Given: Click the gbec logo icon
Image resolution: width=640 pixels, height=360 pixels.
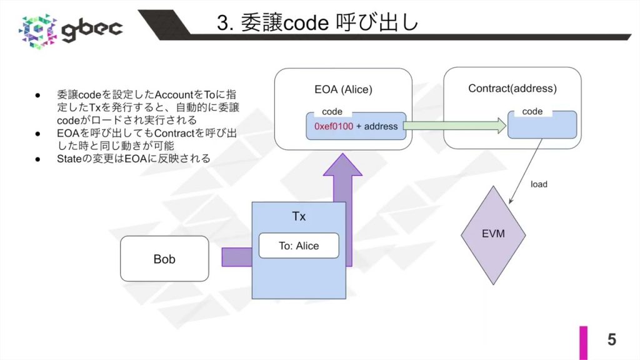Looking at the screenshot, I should tap(39, 29).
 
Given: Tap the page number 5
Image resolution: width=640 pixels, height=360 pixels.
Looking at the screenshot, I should tap(611, 339).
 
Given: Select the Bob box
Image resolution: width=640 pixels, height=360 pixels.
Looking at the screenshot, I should tap(164, 258).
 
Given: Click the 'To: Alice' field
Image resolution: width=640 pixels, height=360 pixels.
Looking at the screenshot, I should tap(299, 246).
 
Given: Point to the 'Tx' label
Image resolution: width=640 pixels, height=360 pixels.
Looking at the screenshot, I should tap(299, 216).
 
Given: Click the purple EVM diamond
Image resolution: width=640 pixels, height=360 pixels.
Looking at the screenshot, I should tap(492, 234).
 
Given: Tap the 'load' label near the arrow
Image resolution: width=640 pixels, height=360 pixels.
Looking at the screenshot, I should tap(538, 184).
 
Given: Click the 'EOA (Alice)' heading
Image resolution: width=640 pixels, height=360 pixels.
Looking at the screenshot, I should tap(342, 89).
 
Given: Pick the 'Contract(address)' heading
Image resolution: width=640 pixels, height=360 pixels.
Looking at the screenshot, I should tap(512, 89).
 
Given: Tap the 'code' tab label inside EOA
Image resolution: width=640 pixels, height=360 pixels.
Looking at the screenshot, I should tap(332, 112).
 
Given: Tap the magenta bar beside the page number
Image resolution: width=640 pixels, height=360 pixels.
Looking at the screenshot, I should tap(583, 342).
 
